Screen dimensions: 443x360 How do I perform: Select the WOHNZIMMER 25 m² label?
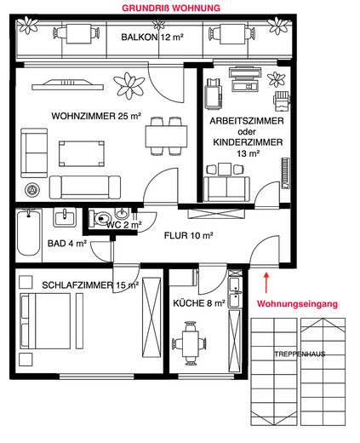95,117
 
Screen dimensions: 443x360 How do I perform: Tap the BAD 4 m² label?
67,243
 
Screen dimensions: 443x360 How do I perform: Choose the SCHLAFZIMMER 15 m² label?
76,285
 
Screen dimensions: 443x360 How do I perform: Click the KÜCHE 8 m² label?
197,302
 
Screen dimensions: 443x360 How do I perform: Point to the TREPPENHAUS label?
299,354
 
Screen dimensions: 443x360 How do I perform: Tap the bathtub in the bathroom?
28,235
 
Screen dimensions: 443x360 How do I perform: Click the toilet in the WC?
105,217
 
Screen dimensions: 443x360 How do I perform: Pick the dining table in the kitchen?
190,342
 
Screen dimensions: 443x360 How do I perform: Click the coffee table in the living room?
82,152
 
